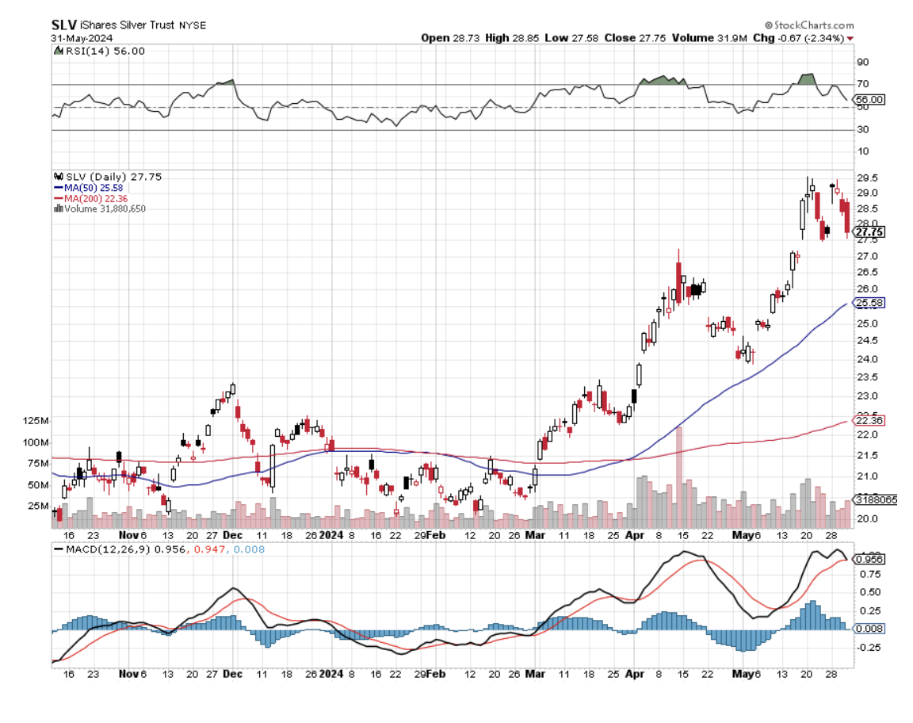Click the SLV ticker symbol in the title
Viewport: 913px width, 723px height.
[63, 25]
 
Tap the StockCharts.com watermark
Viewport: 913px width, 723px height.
[809, 25]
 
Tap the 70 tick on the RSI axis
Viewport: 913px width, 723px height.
[861, 84]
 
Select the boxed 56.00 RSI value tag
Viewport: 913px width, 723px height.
[869, 99]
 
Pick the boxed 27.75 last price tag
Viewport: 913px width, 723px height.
[869, 232]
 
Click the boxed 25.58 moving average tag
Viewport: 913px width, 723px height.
[869, 303]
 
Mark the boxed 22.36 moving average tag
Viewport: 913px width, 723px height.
[869, 419]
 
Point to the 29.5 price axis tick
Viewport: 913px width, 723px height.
[865, 178]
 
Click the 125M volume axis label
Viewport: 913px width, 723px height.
[38, 420]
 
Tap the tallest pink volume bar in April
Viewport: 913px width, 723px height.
[679, 476]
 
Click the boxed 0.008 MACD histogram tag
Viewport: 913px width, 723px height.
[869, 629]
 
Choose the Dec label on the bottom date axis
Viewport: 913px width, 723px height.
[233, 674]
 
